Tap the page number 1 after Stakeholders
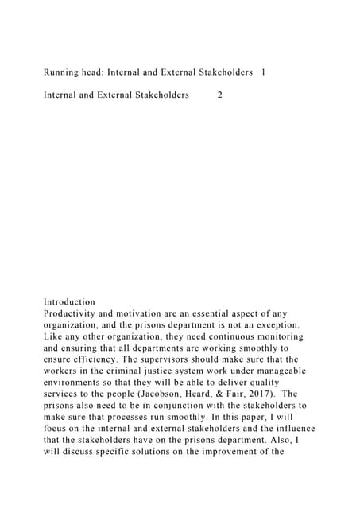coord(263,72)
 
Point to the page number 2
coord(220,95)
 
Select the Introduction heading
coord(69,302)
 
